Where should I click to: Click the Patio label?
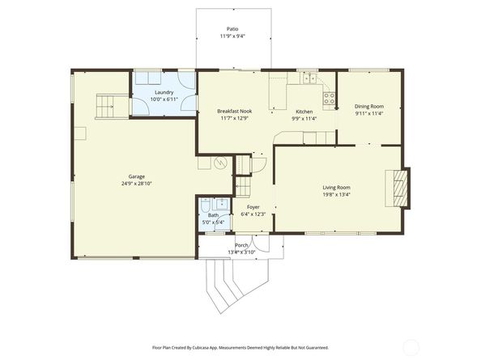pos(232,29)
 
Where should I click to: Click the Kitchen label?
pos(304,112)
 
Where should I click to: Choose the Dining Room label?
pos(369,107)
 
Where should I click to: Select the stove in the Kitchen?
pos(329,99)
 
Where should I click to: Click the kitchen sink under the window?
pos(309,78)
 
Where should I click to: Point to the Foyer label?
pos(253,207)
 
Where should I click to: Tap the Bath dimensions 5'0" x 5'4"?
pos(213,222)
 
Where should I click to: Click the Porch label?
pos(241,245)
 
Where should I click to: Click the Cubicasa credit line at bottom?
pos(240,347)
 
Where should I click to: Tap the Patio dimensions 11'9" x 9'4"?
pos(232,36)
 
